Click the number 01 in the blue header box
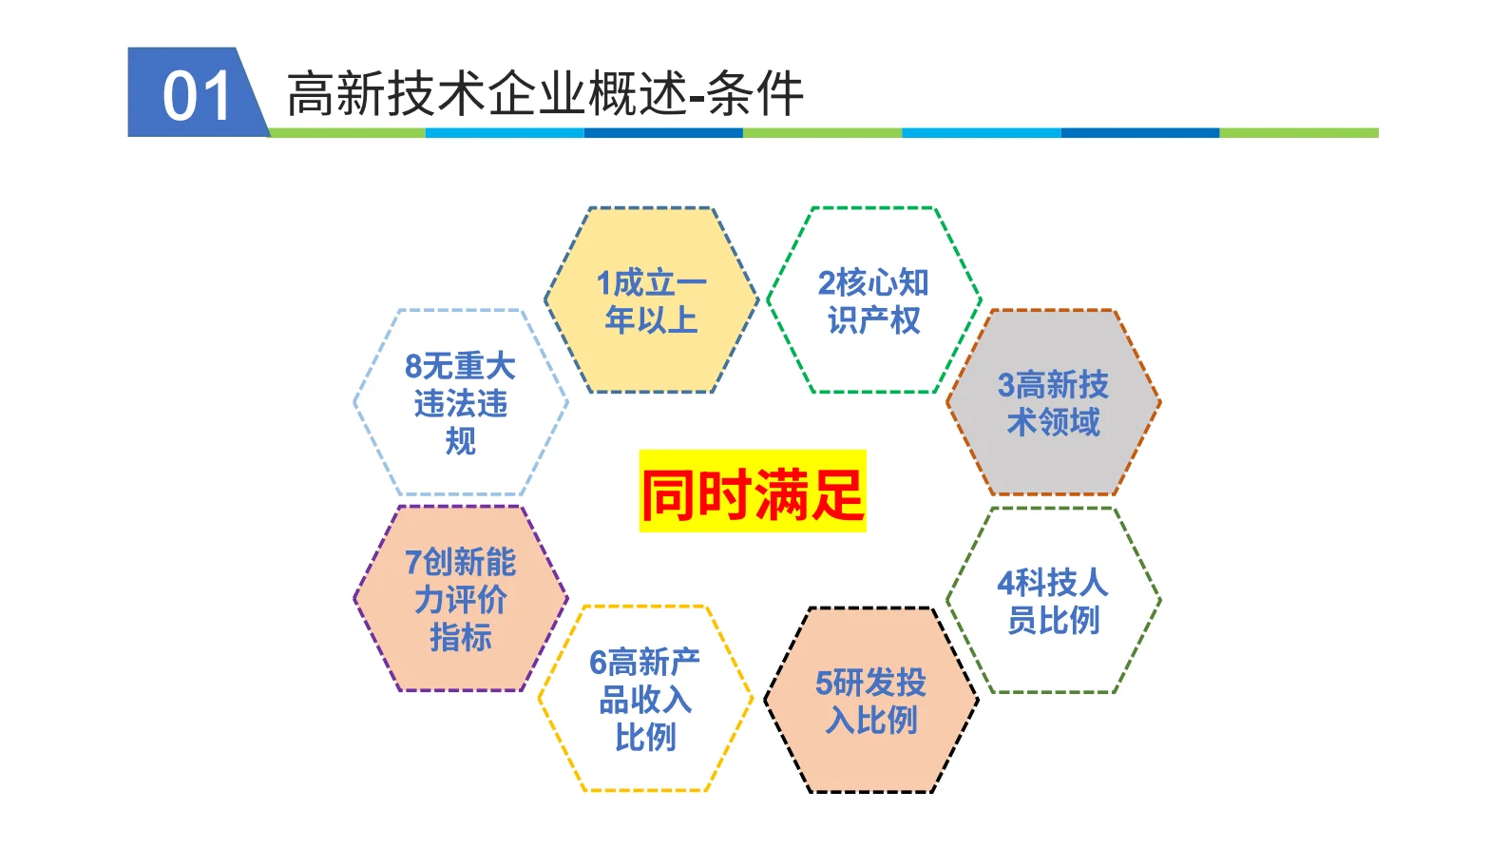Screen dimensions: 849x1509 click(196, 95)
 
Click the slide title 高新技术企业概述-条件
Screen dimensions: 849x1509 click(544, 94)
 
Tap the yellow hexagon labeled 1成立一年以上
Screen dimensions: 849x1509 click(651, 300)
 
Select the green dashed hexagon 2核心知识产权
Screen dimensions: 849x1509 click(873, 300)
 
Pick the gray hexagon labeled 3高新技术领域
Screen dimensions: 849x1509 click(1053, 402)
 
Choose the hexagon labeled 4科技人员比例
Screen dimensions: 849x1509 click(1053, 600)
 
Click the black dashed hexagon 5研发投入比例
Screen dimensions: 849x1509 click(871, 701)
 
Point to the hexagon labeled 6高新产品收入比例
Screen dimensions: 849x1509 click(645, 699)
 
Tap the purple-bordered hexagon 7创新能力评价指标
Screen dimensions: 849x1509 click(461, 599)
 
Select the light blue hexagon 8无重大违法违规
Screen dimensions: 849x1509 click(461, 402)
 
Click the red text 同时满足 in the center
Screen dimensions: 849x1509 click(752, 493)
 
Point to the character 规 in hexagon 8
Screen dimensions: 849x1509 click(461, 440)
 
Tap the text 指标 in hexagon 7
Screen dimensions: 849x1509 click(461, 636)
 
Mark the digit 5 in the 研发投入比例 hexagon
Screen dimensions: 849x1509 click(824, 683)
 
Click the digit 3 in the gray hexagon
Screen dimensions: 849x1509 click(1006, 385)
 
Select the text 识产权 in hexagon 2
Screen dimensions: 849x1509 click(873, 319)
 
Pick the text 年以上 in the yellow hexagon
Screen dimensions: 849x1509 click(651, 319)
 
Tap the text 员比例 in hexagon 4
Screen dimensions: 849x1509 click(1053, 620)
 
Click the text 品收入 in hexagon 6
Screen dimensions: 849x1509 click(645, 700)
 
